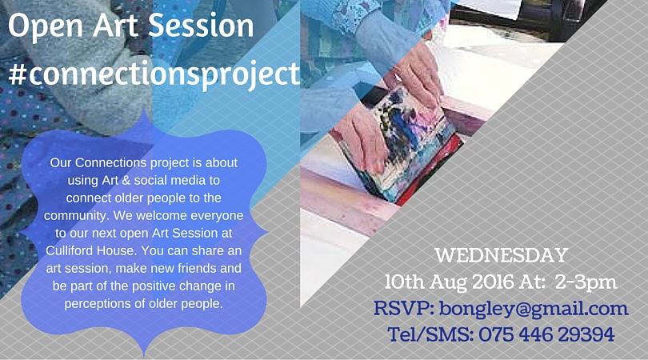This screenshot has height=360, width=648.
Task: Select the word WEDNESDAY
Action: (502, 256)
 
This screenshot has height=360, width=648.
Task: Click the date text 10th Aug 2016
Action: (444, 282)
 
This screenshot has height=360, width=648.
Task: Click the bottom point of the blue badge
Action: (143, 352)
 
